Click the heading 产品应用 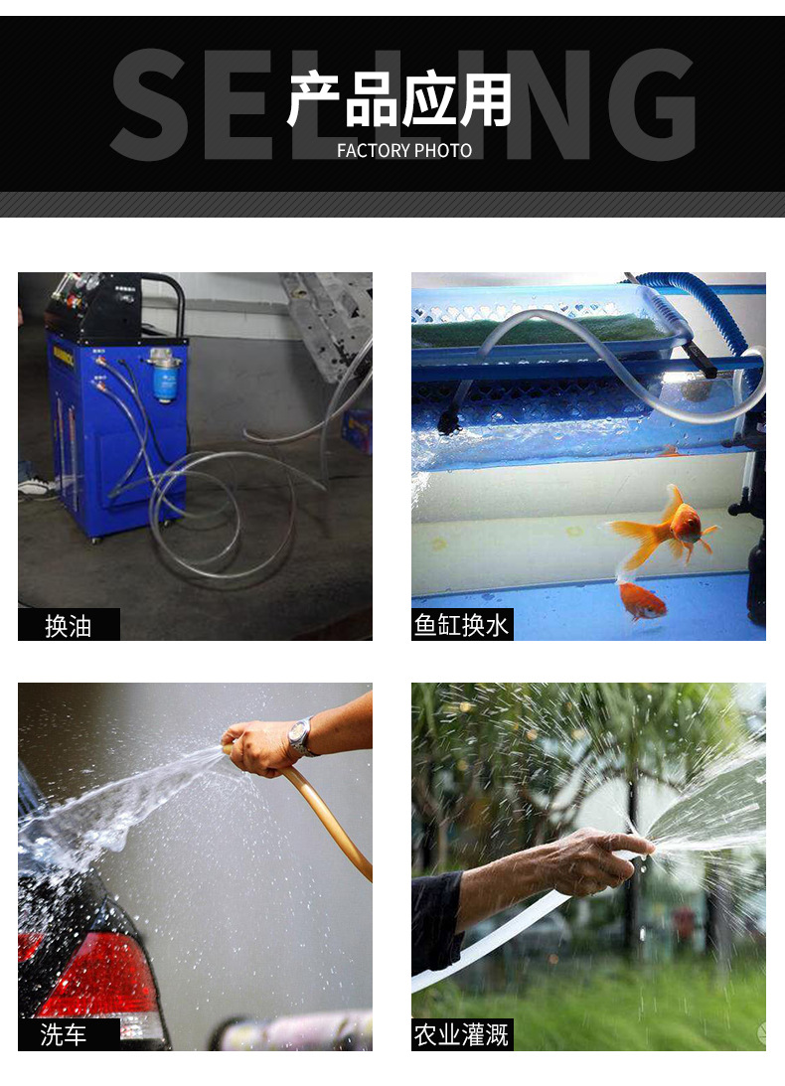pyautogui.click(x=399, y=99)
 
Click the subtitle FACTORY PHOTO pyautogui.click(x=404, y=150)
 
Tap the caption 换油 pyautogui.click(x=68, y=626)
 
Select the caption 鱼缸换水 pyautogui.click(x=461, y=625)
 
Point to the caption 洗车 pyautogui.click(x=63, y=1034)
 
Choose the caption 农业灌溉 pyautogui.click(x=461, y=1035)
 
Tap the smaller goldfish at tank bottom pyautogui.click(x=642, y=600)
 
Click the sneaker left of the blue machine pyautogui.click(x=36, y=487)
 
